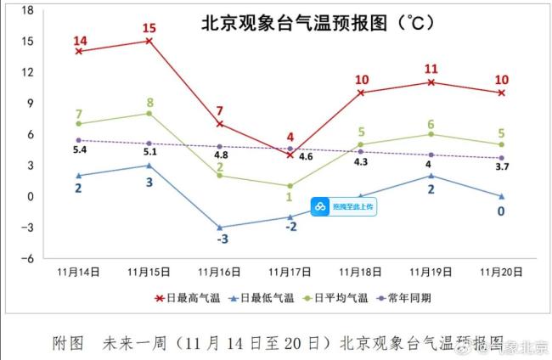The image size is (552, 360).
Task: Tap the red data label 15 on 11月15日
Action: [x=149, y=28]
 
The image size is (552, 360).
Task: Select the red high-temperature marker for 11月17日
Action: [x=290, y=155]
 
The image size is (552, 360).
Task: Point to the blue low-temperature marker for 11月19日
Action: [x=431, y=176]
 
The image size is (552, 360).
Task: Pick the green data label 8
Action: [x=149, y=103]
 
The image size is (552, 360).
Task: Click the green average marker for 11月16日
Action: [x=220, y=176]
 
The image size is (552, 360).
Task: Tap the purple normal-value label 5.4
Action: [x=79, y=150]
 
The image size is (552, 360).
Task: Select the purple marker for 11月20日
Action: [x=501, y=158]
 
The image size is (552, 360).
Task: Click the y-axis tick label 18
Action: [x=27, y=10]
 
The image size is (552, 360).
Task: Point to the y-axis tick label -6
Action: [x=27, y=258]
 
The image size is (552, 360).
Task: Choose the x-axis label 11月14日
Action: [x=79, y=273]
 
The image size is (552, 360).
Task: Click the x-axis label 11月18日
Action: [x=360, y=273]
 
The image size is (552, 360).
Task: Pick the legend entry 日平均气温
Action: [x=341, y=298]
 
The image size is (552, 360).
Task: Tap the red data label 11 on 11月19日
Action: [x=431, y=69]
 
